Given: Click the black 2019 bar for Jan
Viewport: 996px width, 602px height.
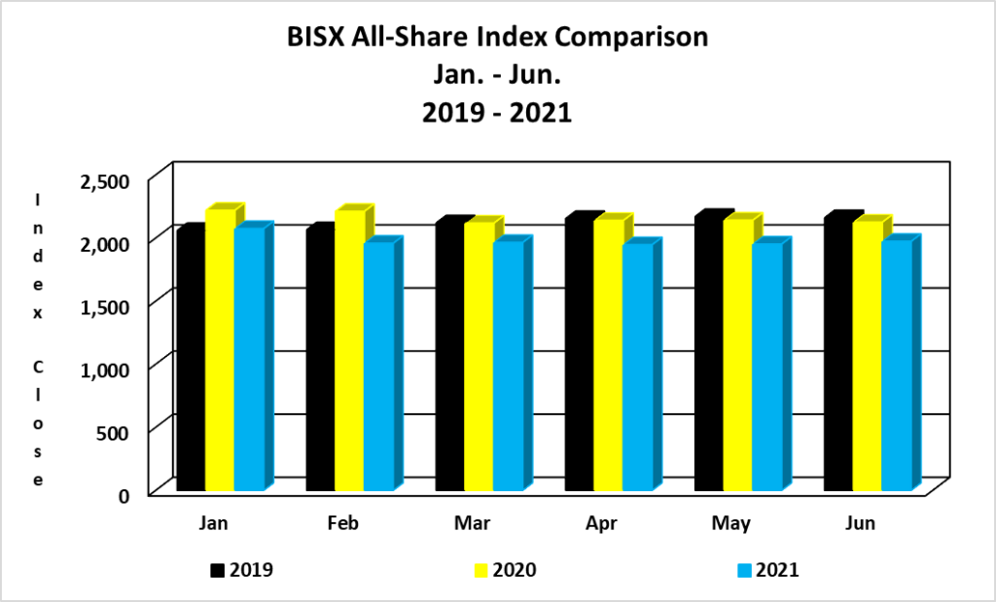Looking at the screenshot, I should (x=190, y=360).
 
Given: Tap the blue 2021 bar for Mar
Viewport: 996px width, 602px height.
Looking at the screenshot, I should (x=508, y=366).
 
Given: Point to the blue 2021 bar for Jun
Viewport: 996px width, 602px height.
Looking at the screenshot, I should (x=896, y=366).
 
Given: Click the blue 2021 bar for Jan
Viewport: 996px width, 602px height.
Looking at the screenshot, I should (x=248, y=360).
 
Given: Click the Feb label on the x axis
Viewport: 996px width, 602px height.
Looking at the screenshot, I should (x=343, y=524).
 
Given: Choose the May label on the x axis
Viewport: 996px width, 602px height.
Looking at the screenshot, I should (x=730, y=524).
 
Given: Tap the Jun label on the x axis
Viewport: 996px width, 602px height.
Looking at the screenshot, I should (x=861, y=524).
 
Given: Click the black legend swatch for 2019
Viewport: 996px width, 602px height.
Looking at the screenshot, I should (x=216, y=570).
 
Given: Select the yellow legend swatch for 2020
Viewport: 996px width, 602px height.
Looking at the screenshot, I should (x=478, y=570).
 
